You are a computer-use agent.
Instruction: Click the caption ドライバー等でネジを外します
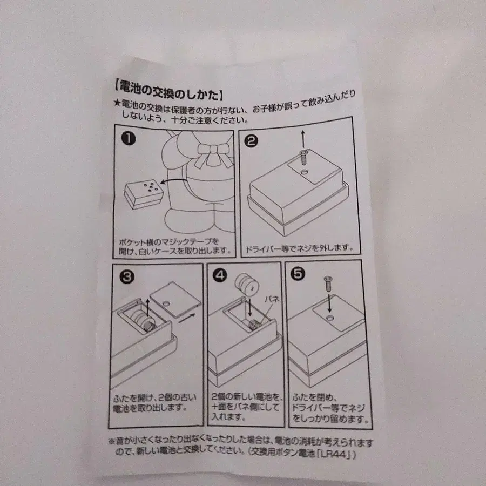tap(299, 248)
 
